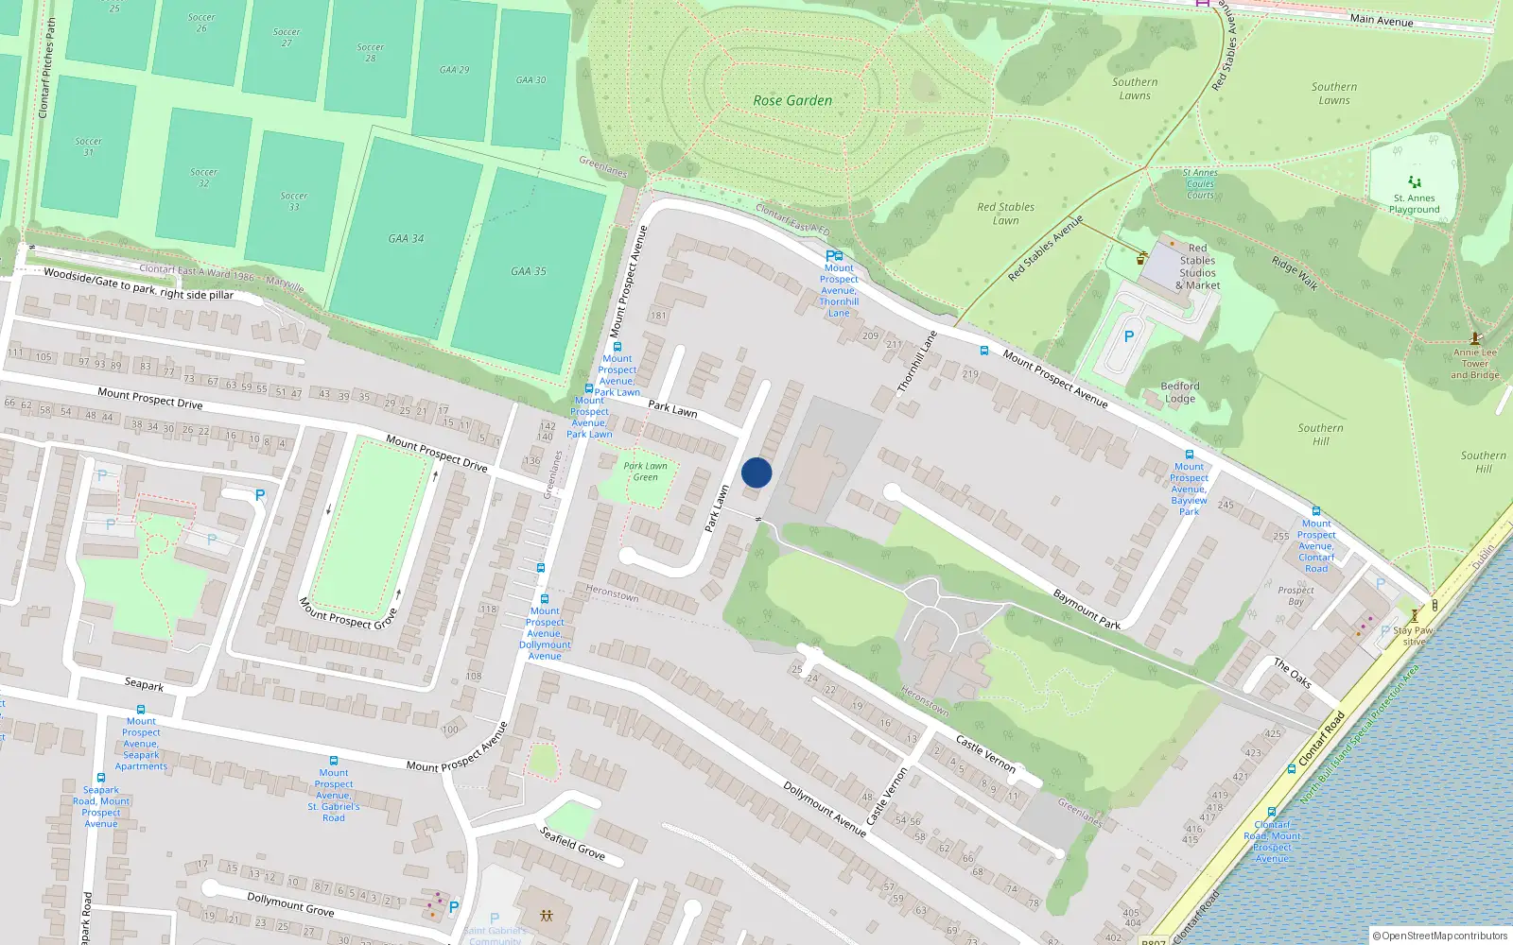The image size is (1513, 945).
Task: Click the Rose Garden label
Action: coord(792,100)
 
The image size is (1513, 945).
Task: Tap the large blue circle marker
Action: coord(756,472)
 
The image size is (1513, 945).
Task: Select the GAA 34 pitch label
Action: coord(406,238)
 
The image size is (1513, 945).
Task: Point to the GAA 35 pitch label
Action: coord(529,271)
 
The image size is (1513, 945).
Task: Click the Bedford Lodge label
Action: coord(1179,392)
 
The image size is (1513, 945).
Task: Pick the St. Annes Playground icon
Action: coord(1415,181)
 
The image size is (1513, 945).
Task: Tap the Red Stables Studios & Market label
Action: coord(1197,266)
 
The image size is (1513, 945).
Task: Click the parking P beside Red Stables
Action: coord(1128,336)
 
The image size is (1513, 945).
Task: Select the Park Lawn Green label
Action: coord(645,472)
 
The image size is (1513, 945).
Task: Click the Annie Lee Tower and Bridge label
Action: coord(1474,364)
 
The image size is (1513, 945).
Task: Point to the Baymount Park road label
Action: coord(1087,609)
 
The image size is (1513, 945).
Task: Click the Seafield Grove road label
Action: coord(572,843)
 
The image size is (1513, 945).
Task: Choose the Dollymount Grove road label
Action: coord(290,904)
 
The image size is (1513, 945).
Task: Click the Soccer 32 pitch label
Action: coord(203,178)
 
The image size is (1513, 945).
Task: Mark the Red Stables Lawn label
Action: coord(1005,214)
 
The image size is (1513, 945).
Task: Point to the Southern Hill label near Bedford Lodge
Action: coord(1320,435)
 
